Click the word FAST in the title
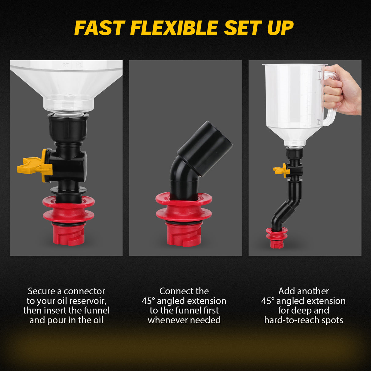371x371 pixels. pyautogui.click(x=99, y=28)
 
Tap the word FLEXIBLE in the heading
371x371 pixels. pyautogui.click(x=174, y=28)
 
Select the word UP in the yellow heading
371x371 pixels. pyautogui.click(x=280, y=28)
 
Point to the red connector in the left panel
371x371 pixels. pyautogui.click(x=68, y=220)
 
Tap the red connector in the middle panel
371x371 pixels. pyautogui.click(x=184, y=219)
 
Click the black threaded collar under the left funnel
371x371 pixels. pyautogui.click(x=68, y=126)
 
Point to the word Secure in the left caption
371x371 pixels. pyautogui.click(x=42, y=291)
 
